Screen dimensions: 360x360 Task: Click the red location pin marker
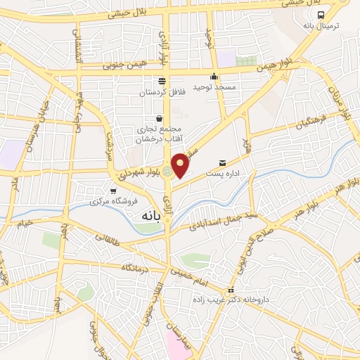tap(181, 165)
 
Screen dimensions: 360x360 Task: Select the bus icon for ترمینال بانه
tap(321, 15)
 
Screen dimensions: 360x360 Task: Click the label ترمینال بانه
tap(321, 25)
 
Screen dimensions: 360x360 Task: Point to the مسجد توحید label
tap(214, 86)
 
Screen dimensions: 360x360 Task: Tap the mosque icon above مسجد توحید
tap(214, 77)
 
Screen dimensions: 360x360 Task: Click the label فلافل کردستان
tap(161, 92)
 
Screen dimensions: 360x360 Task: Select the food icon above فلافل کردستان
tap(162, 81)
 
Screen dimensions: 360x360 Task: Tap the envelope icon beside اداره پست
tap(223, 162)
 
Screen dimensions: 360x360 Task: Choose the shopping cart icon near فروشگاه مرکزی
tap(112, 191)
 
